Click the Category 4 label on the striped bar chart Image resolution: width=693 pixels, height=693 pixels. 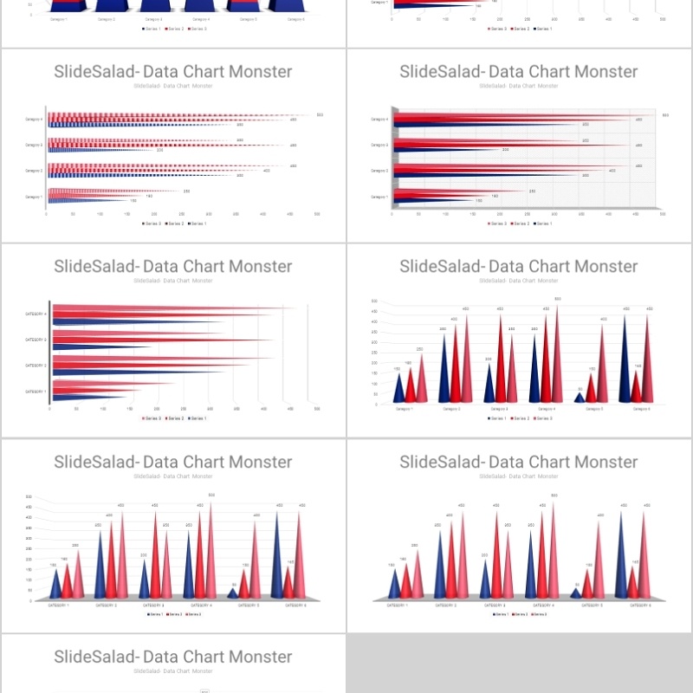(34, 120)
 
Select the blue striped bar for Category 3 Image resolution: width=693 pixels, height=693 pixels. (95, 151)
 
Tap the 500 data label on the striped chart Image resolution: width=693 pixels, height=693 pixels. (320, 115)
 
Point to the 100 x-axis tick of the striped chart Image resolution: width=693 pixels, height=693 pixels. (100, 213)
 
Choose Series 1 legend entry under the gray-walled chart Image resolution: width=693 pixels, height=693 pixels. (543, 223)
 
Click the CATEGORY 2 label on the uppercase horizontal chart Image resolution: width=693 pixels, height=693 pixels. (34, 366)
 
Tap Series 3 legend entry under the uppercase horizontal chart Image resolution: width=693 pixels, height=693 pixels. (150, 418)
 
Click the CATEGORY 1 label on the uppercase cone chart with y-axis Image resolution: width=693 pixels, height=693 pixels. (59, 605)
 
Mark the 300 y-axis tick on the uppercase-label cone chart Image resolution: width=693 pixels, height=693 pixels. (29, 538)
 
